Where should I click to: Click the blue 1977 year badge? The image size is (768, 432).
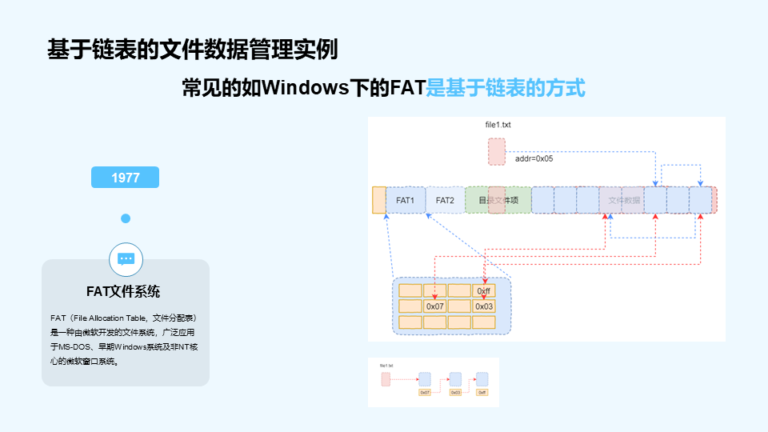click(x=126, y=178)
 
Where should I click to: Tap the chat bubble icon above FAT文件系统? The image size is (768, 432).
click(x=126, y=258)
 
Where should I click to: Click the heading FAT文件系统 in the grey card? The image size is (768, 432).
click(x=126, y=291)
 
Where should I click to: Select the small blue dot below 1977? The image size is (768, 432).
click(x=126, y=218)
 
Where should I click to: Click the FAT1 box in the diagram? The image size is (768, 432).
click(x=405, y=200)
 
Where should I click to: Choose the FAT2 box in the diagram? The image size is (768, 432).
click(x=445, y=200)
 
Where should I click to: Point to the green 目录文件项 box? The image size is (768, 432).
click(x=498, y=200)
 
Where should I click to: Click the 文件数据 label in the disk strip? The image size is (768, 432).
click(x=624, y=200)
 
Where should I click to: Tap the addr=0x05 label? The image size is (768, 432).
click(x=534, y=158)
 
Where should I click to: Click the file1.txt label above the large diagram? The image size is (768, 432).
click(x=498, y=126)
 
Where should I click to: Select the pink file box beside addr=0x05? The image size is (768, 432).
click(x=497, y=151)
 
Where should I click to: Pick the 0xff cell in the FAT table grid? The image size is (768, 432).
click(x=483, y=290)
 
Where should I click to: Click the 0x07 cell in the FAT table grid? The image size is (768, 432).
click(x=434, y=306)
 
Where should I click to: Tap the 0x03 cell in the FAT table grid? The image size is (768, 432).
click(x=483, y=306)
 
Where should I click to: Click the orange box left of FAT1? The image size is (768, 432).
click(x=378, y=200)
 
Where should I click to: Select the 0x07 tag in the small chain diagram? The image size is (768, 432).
click(x=425, y=393)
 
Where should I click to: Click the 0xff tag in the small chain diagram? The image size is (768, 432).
click(x=482, y=393)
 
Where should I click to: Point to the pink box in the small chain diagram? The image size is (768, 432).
click(x=386, y=379)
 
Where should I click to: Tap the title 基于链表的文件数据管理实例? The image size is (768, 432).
click(x=192, y=50)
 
